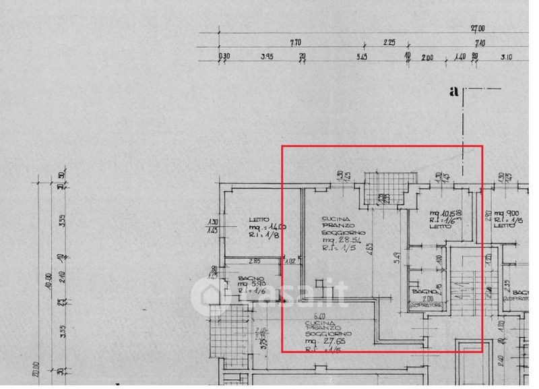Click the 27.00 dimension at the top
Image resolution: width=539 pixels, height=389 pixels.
click(x=478, y=28)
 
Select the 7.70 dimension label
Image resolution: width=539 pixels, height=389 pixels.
click(x=295, y=42)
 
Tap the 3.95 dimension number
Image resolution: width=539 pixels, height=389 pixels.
click(x=266, y=57)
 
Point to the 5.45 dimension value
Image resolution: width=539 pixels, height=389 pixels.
click(x=361, y=57)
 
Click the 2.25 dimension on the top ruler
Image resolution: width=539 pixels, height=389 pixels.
click(x=389, y=42)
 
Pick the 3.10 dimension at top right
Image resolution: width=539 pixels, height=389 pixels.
click(x=506, y=57)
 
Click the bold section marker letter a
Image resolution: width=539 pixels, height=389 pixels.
click(x=454, y=92)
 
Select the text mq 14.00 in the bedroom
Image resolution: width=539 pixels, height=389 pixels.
click(x=263, y=227)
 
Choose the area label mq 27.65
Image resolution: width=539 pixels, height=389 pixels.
click(x=322, y=342)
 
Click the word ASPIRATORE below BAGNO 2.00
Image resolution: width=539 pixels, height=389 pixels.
click(x=427, y=306)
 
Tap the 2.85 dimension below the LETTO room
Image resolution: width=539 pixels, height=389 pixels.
click(x=255, y=261)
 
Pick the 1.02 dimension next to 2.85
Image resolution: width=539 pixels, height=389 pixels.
click(x=291, y=261)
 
